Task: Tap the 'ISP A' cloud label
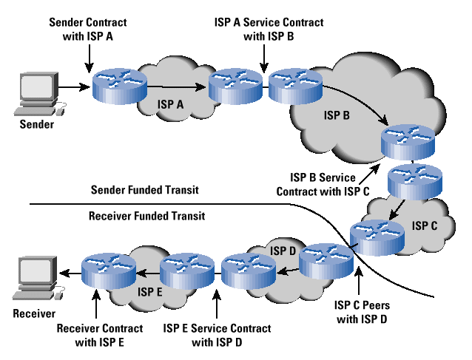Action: [169, 106]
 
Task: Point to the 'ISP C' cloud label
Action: [424, 224]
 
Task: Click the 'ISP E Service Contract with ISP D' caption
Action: [217, 334]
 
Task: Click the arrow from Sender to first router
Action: [75, 89]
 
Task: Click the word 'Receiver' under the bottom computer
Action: [34, 313]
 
